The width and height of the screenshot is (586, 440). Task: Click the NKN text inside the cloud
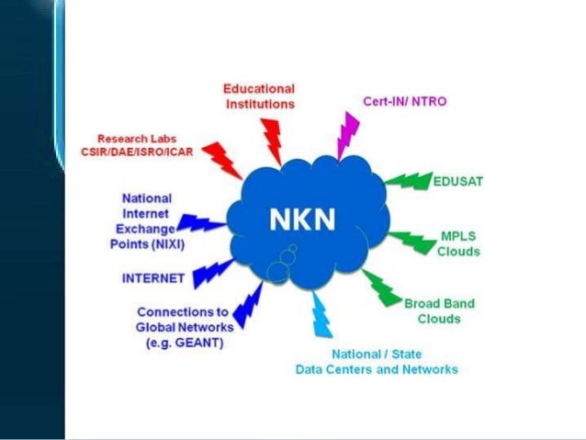click(x=301, y=220)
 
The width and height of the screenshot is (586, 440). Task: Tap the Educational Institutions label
click(x=260, y=96)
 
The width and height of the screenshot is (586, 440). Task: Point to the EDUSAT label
click(x=458, y=181)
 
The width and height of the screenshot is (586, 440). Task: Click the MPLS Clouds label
click(x=457, y=243)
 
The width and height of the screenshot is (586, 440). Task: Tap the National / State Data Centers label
click(x=376, y=362)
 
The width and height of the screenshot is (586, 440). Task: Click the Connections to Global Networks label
click(x=185, y=327)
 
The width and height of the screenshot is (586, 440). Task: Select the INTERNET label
click(x=152, y=276)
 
